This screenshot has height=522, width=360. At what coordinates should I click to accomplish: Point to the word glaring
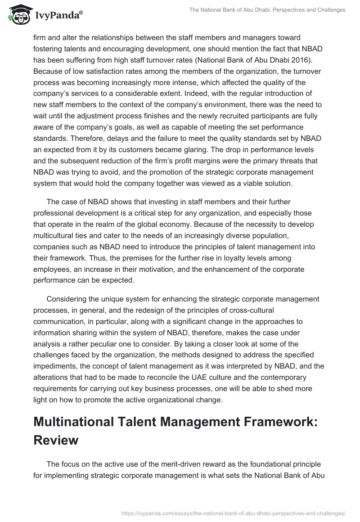tap(251, 149)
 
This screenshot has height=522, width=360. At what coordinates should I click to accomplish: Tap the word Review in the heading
tap(56, 440)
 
